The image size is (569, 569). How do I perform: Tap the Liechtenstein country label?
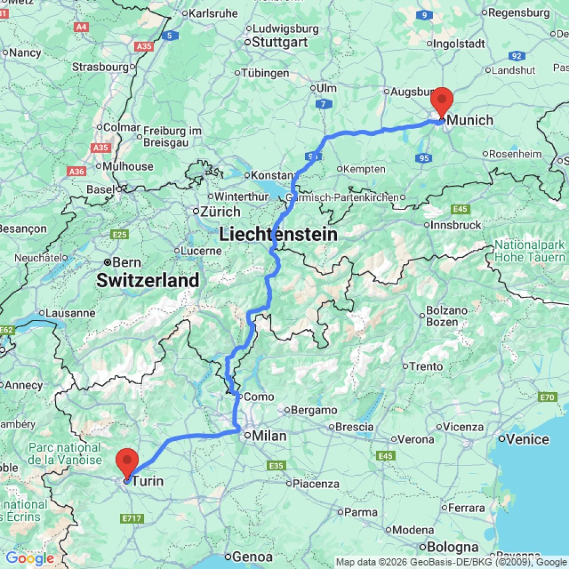[278, 234]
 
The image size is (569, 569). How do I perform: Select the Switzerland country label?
[147, 280]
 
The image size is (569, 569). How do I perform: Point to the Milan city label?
[270, 436]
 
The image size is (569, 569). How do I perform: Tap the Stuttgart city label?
[279, 42]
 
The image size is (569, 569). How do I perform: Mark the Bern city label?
[127, 262]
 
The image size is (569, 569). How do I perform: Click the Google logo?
[30, 558]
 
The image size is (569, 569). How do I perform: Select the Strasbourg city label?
[100, 67]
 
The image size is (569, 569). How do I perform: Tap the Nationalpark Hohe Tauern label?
[529, 251]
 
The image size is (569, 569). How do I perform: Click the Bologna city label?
[453, 547]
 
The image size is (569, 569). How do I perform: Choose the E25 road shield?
[120, 234]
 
